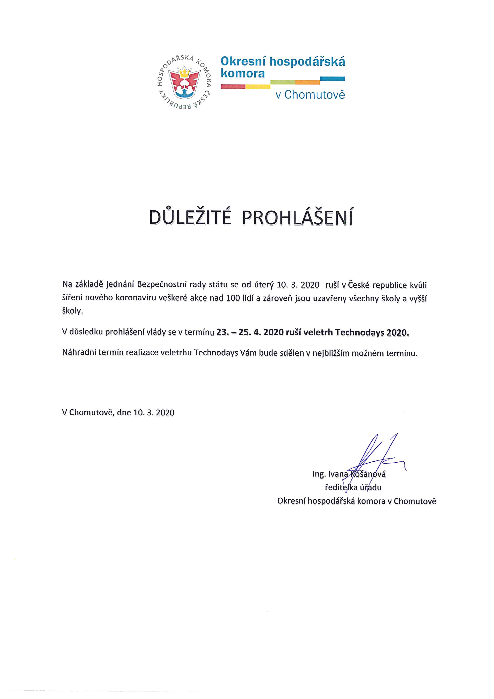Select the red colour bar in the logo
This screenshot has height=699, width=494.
233,87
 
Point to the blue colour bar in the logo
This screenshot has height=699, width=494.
332,79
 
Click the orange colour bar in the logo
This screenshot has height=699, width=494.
307,82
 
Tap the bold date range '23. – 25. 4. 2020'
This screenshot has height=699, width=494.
250,332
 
